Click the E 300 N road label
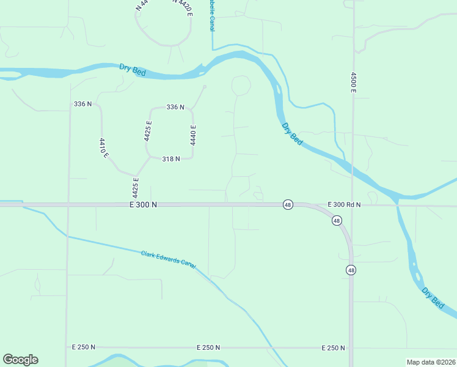point(144,205)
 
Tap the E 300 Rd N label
point(344,204)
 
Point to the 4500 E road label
point(353,83)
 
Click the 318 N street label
point(170,159)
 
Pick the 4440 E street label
point(192,134)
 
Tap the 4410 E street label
point(103,148)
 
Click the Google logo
point(20,360)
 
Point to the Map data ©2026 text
point(431,361)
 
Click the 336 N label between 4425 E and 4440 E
point(175,107)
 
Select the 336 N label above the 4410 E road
point(82,104)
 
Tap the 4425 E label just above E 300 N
point(136,187)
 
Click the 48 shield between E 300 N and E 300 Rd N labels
point(287,204)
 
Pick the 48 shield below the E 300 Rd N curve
point(337,220)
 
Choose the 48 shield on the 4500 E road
point(351,270)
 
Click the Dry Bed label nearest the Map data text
point(434,296)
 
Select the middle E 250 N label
point(208,347)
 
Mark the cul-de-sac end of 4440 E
point(205,87)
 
